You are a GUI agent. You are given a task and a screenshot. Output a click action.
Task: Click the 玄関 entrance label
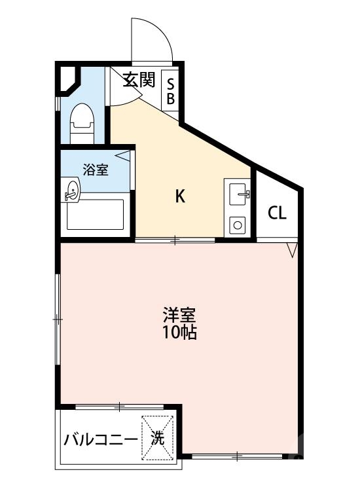pos(139,81)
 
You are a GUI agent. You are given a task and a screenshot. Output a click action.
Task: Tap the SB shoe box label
pos(170,91)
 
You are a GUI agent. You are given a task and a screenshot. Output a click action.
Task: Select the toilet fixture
pos(82,122)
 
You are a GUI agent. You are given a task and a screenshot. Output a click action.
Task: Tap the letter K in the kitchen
pos(179,196)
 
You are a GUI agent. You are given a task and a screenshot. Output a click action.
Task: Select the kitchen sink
pos(238,193)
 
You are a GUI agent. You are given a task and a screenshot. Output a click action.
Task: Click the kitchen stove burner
pos(238,226)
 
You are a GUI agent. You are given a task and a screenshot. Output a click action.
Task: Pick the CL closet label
pos(278,213)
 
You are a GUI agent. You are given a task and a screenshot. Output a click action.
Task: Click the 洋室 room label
pos(179,315)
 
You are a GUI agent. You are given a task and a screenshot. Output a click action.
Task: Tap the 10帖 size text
pos(179,333)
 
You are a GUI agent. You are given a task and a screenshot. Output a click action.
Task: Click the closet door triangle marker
pos(293,249)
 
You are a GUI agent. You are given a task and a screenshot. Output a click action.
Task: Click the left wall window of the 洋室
pos(58,319)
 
